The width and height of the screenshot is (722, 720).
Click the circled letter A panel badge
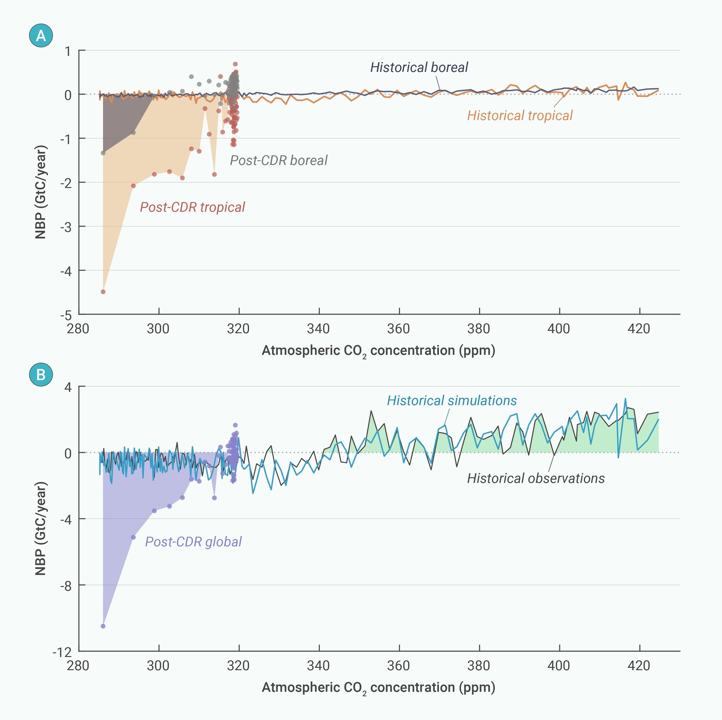[x=41, y=36]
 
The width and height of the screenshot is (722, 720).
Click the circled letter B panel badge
[x=41, y=375]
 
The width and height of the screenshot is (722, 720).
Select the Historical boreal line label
[x=419, y=68]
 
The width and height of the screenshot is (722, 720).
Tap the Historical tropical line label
[x=519, y=116]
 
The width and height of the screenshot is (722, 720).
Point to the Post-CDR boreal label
[x=278, y=161]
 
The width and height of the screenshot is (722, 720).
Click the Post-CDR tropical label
[x=192, y=207]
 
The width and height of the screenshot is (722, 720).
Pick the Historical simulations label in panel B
[x=451, y=401]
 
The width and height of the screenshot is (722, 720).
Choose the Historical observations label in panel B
[x=535, y=478]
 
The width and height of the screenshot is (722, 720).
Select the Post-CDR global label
[x=193, y=542]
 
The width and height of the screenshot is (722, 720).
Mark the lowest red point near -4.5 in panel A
[x=103, y=292]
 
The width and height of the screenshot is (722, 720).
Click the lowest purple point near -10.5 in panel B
[x=103, y=626]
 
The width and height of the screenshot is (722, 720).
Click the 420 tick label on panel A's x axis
[x=639, y=329]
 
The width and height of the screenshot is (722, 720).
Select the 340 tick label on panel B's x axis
[x=318, y=666]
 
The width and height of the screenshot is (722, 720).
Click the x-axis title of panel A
[x=378, y=351]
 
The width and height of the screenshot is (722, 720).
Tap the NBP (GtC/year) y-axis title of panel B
[x=41, y=528]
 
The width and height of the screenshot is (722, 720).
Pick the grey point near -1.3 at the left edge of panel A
[x=103, y=153]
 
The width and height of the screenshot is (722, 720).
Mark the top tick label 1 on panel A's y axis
[x=68, y=51]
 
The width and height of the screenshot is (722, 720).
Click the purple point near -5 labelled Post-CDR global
[x=133, y=537]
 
